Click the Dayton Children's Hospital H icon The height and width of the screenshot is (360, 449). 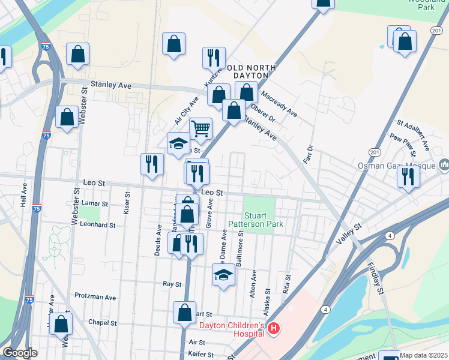[x=274, y=328]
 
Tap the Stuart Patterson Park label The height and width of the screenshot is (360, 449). [x=255, y=220]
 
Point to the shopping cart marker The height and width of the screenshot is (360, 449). [x=200, y=128]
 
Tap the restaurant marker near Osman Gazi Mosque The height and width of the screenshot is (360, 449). [x=408, y=178]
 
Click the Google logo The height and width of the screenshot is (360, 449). [x=19, y=353]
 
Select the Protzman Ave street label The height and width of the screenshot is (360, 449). [x=95, y=296]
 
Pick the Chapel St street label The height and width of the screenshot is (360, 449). [x=102, y=322]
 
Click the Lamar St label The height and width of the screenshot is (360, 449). [x=94, y=203]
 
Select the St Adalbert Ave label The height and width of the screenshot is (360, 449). [x=412, y=134]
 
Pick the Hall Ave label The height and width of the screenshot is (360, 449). [x=24, y=195]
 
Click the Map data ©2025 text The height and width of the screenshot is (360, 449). [x=424, y=355]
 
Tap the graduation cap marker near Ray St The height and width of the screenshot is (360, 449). [x=223, y=275]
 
